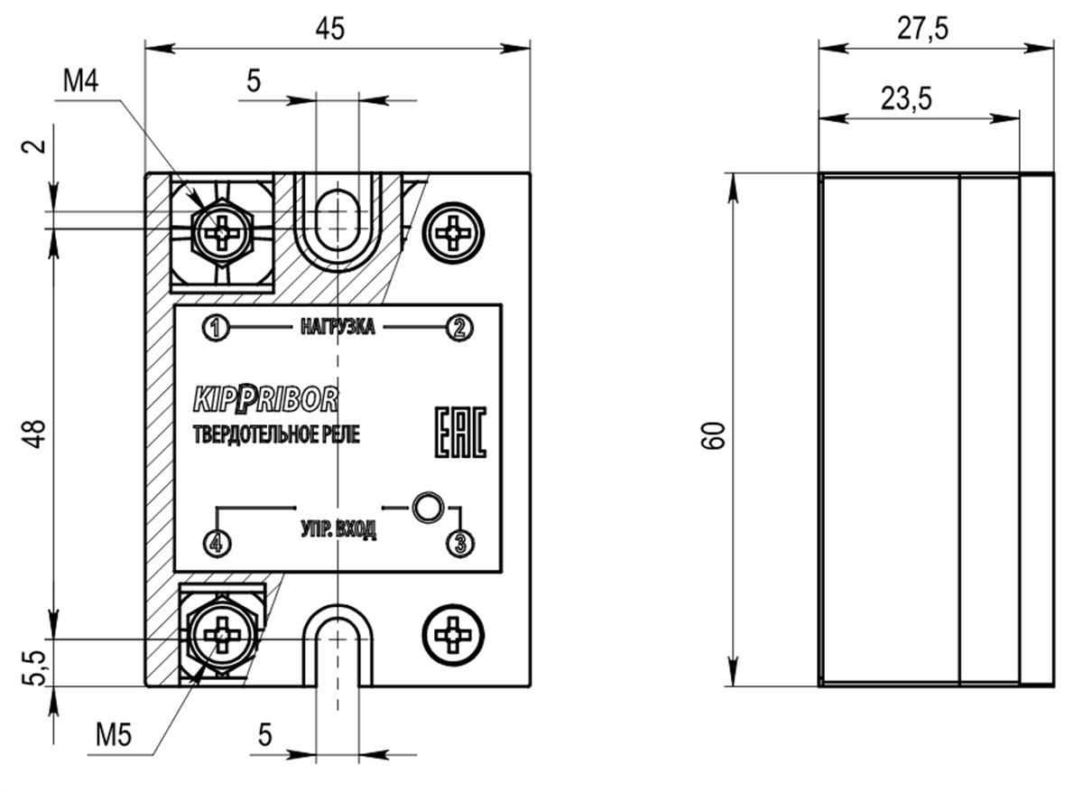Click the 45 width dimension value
330,29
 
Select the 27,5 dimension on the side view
922,29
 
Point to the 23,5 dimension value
906,98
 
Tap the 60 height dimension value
713,435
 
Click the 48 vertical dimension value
37,434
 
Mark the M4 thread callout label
80,80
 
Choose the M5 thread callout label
114,735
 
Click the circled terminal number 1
216,328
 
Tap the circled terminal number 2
459,328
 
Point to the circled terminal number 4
216,544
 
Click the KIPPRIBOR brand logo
265,399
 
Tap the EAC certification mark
461,433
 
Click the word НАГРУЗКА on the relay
338,327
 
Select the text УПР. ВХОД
338,529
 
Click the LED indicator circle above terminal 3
428,508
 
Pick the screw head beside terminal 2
453,233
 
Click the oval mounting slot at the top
338,220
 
